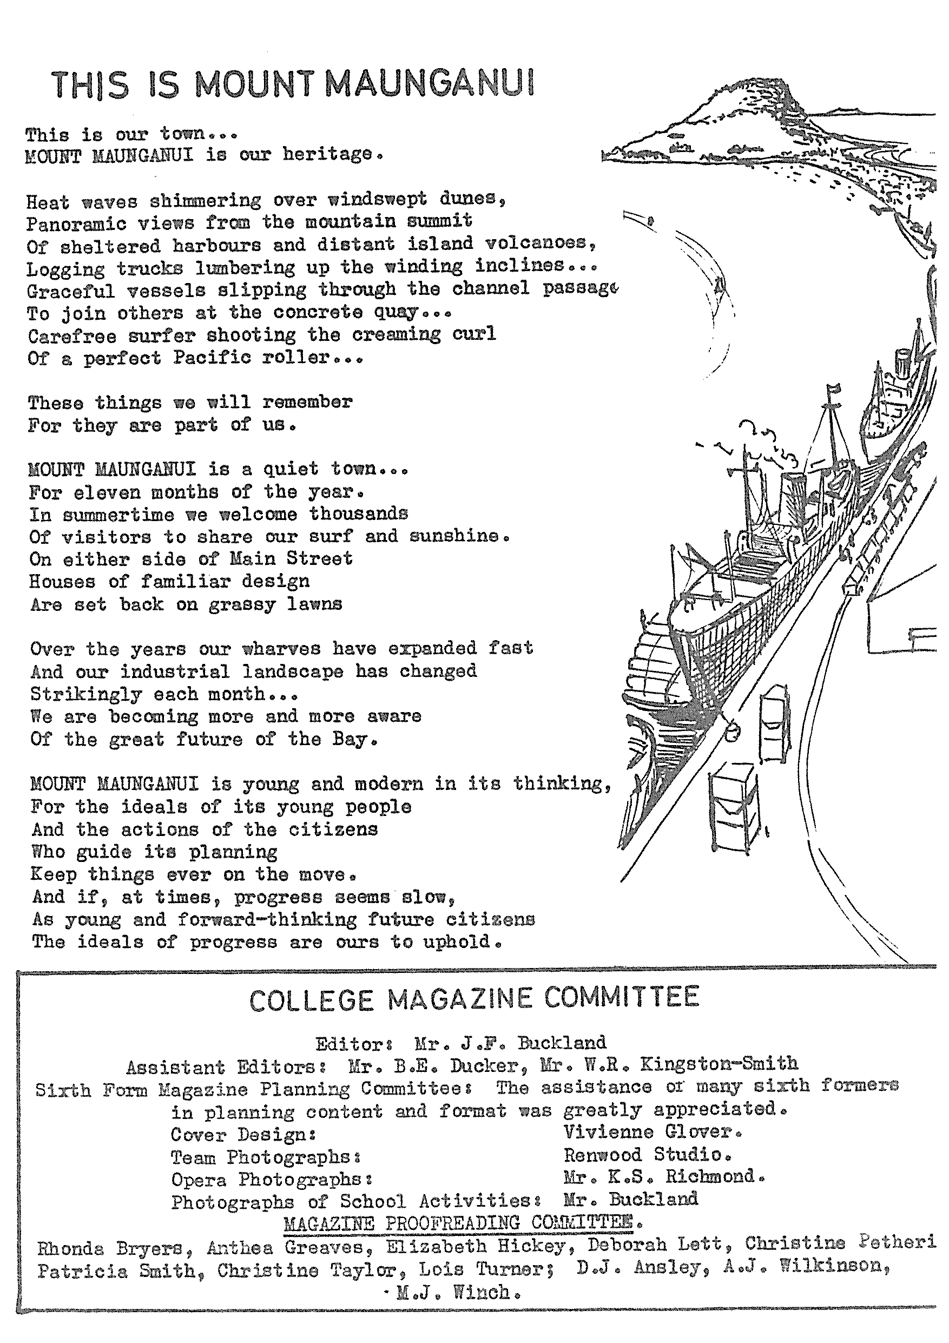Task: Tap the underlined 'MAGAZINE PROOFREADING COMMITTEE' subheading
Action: [462, 1223]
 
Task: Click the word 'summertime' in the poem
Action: [118, 515]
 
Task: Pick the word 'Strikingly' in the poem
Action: [86, 694]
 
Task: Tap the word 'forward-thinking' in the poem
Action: [267, 919]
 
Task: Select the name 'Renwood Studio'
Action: [645, 1155]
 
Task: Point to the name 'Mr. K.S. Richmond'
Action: [663, 1176]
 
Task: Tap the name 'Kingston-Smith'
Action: [719, 1063]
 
